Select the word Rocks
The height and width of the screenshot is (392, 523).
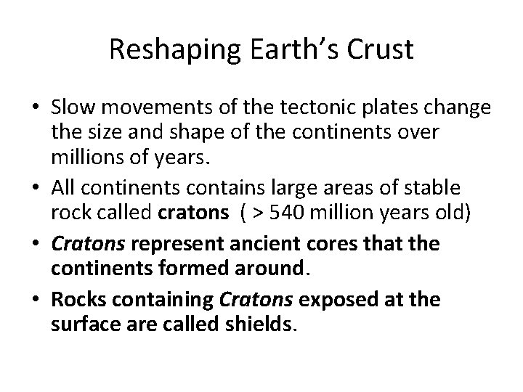(76, 298)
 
